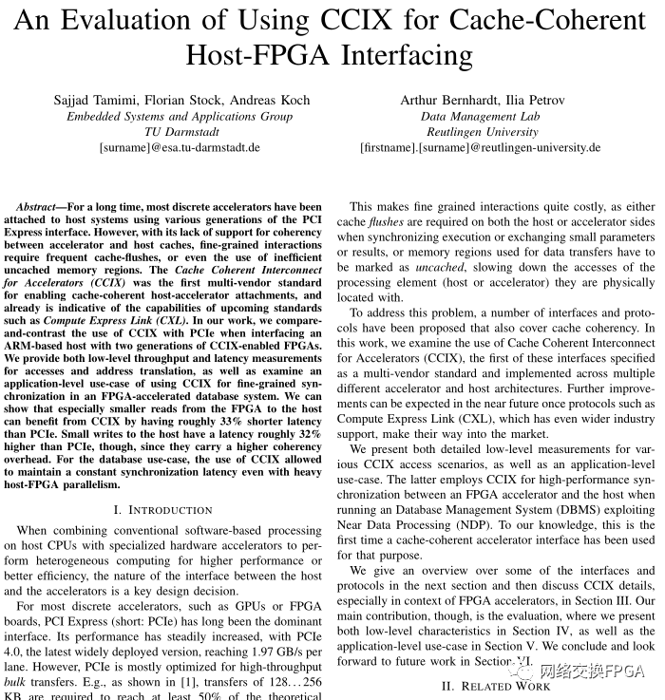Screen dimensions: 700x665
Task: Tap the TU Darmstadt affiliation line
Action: click(180, 132)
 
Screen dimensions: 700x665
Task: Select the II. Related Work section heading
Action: click(496, 686)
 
